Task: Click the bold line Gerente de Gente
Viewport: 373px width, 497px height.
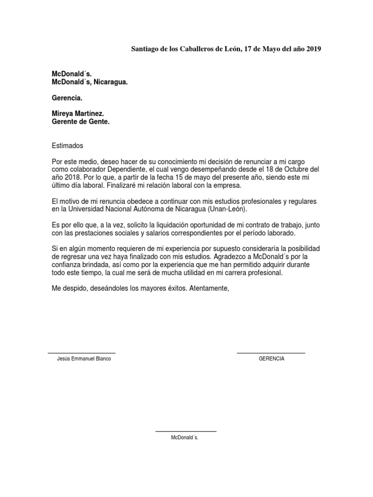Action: tap(81, 122)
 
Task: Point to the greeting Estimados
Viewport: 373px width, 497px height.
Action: tap(68, 146)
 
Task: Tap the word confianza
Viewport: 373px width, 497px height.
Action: tap(70, 265)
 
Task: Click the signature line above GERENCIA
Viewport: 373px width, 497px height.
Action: tap(271, 353)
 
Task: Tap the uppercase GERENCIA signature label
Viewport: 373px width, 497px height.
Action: tap(271, 359)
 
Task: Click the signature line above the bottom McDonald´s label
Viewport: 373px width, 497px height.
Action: tap(186, 431)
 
